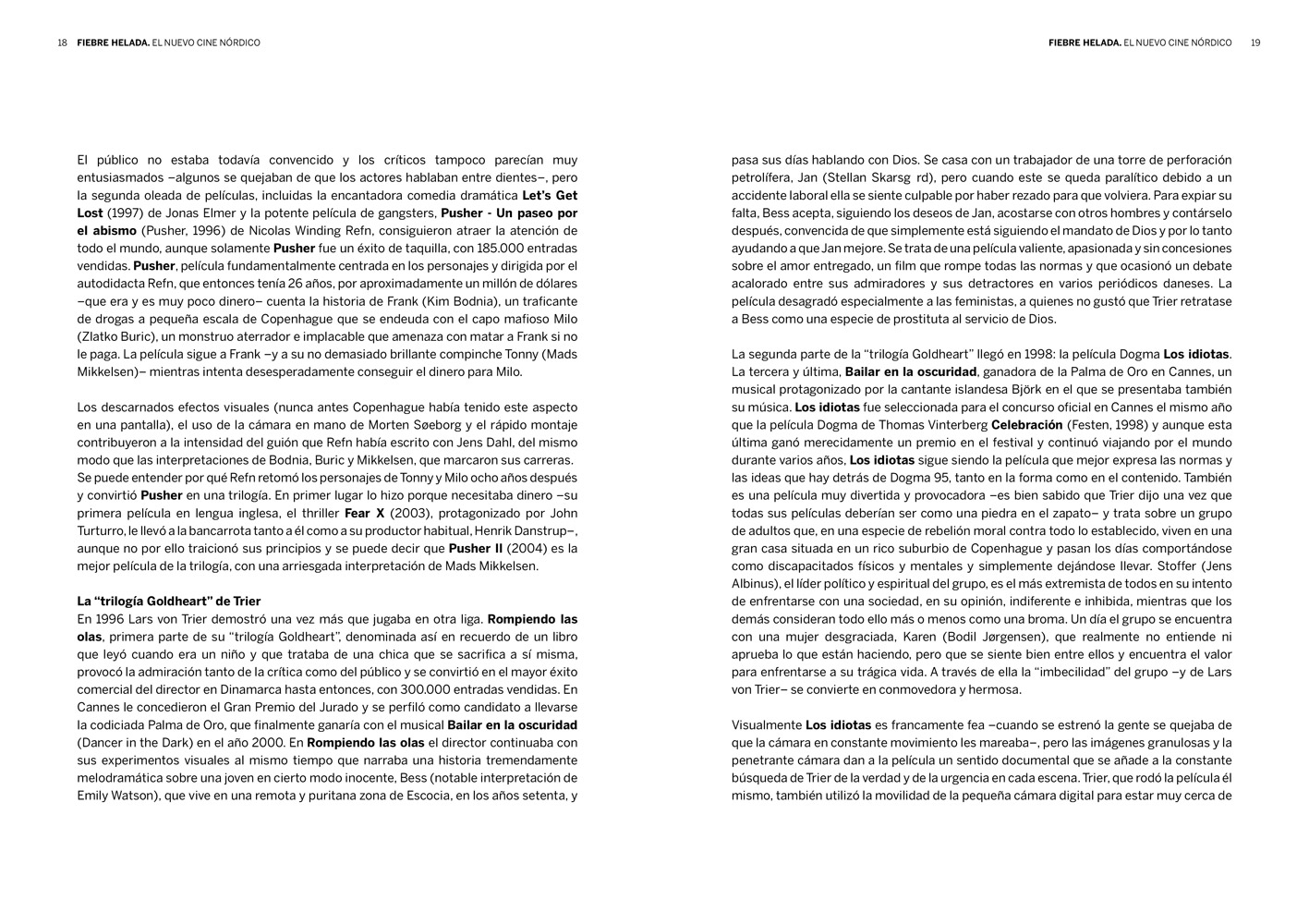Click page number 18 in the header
pos(62,43)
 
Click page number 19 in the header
pos(1254,43)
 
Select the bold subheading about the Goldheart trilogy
pos(168,602)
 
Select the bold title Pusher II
pos(477,549)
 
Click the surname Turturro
pos(103,531)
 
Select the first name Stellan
pos(848,177)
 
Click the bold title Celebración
pos(1026,425)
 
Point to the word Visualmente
pos(766,725)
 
